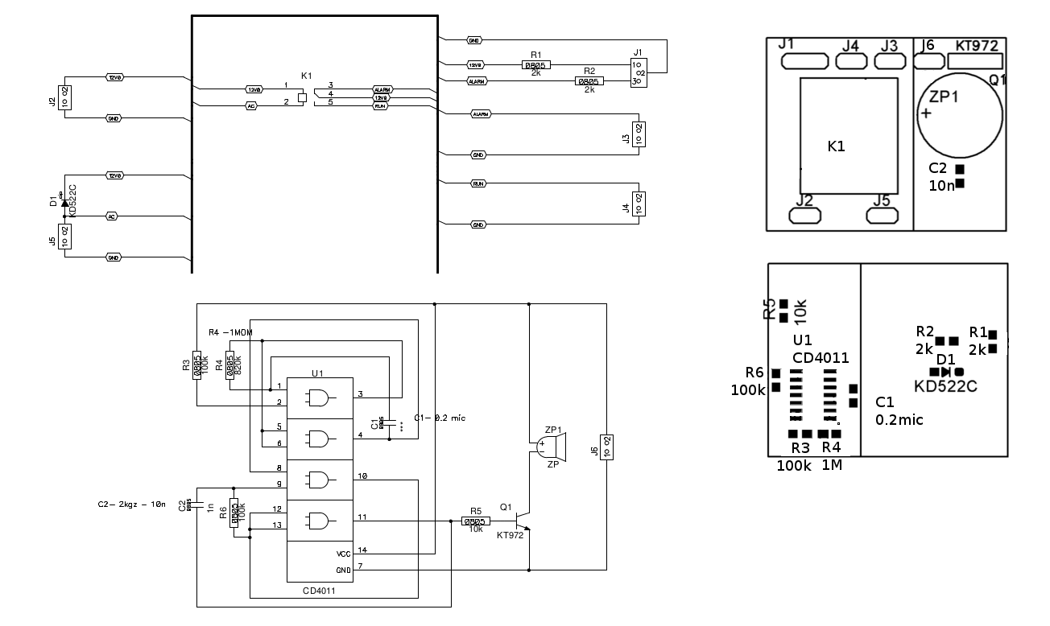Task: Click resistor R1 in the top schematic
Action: pyautogui.click(x=535, y=64)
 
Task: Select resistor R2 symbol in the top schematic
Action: pyautogui.click(x=589, y=81)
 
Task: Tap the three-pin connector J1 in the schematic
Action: pyautogui.click(x=639, y=73)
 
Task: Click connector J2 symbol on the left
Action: pyautogui.click(x=64, y=97)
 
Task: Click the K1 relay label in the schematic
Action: pyautogui.click(x=306, y=75)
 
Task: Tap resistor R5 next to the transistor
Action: pyautogui.click(x=475, y=521)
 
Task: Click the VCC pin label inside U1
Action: pyautogui.click(x=344, y=554)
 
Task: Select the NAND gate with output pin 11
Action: pyautogui.click(x=319, y=521)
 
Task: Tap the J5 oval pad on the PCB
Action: pyautogui.click(x=882, y=216)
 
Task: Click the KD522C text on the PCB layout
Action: pyautogui.click(x=945, y=387)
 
